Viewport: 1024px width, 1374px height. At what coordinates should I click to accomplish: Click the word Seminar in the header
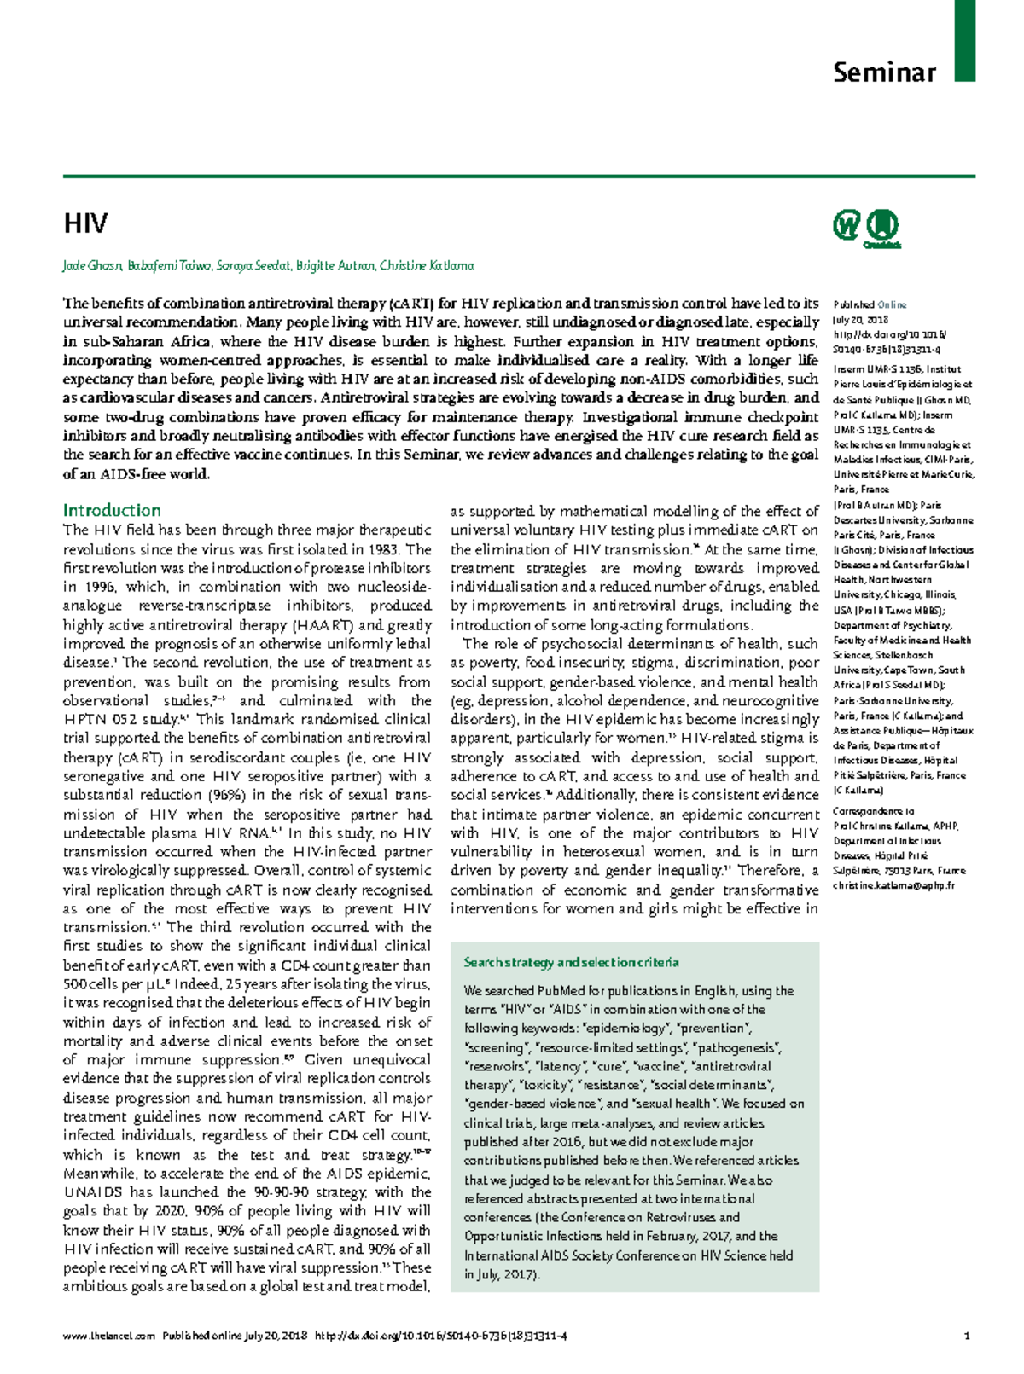click(x=884, y=72)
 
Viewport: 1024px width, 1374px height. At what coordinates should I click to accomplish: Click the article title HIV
click(x=85, y=224)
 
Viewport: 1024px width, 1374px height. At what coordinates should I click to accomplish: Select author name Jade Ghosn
click(x=92, y=266)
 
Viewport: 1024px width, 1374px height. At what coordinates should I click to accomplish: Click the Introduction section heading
click(x=112, y=511)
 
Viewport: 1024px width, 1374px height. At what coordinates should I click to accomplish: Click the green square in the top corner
click(x=964, y=40)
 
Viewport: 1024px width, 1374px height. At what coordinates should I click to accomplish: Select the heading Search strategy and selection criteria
click(x=571, y=963)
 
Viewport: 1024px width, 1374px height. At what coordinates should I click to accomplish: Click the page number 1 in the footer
click(x=966, y=1336)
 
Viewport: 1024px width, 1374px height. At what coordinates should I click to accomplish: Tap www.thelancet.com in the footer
click(x=108, y=1336)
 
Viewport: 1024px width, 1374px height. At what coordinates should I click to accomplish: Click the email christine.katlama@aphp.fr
click(x=893, y=886)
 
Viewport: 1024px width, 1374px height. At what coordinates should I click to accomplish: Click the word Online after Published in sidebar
click(x=892, y=304)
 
